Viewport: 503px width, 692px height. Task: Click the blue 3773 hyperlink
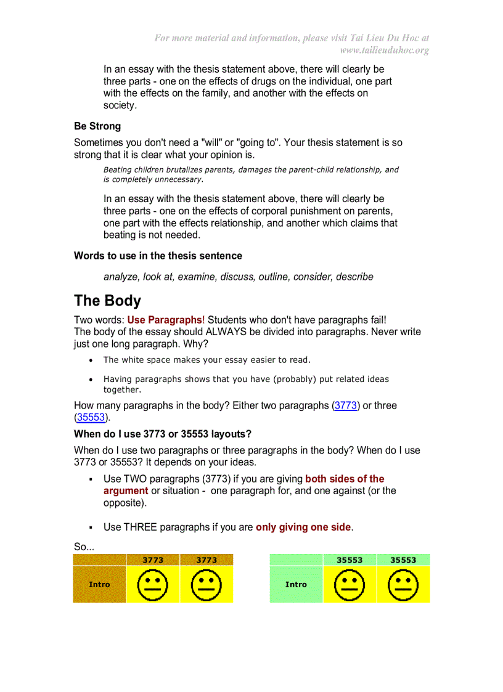[x=346, y=405]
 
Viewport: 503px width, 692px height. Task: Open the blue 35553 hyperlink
[x=91, y=417]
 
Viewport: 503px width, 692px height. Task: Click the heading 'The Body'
[x=107, y=301]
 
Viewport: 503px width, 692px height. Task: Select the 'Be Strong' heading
[x=97, y=126]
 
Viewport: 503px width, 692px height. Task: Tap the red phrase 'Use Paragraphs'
[x=165, y=320]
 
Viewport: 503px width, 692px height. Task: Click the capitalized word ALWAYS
[x=230, y=332]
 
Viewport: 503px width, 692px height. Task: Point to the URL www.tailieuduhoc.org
[x=384, y=50]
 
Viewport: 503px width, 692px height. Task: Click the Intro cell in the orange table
[x=99, y=584]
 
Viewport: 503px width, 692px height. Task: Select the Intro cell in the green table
[x=296, y=584]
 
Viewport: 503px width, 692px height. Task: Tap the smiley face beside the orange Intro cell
[x=153, y=584]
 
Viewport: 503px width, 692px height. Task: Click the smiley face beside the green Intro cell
[x=350, y=584]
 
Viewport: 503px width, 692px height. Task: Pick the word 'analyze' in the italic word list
[x=121, y=277]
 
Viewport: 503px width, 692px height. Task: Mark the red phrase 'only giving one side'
[x=303, y=527]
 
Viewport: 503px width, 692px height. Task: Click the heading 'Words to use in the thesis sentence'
[x=158, y=256]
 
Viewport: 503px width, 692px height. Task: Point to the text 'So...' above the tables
[x=84, y=547]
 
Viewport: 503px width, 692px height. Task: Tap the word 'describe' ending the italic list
[x=354, y=277]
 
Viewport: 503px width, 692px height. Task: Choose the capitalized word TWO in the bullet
[x=134, y=479]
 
